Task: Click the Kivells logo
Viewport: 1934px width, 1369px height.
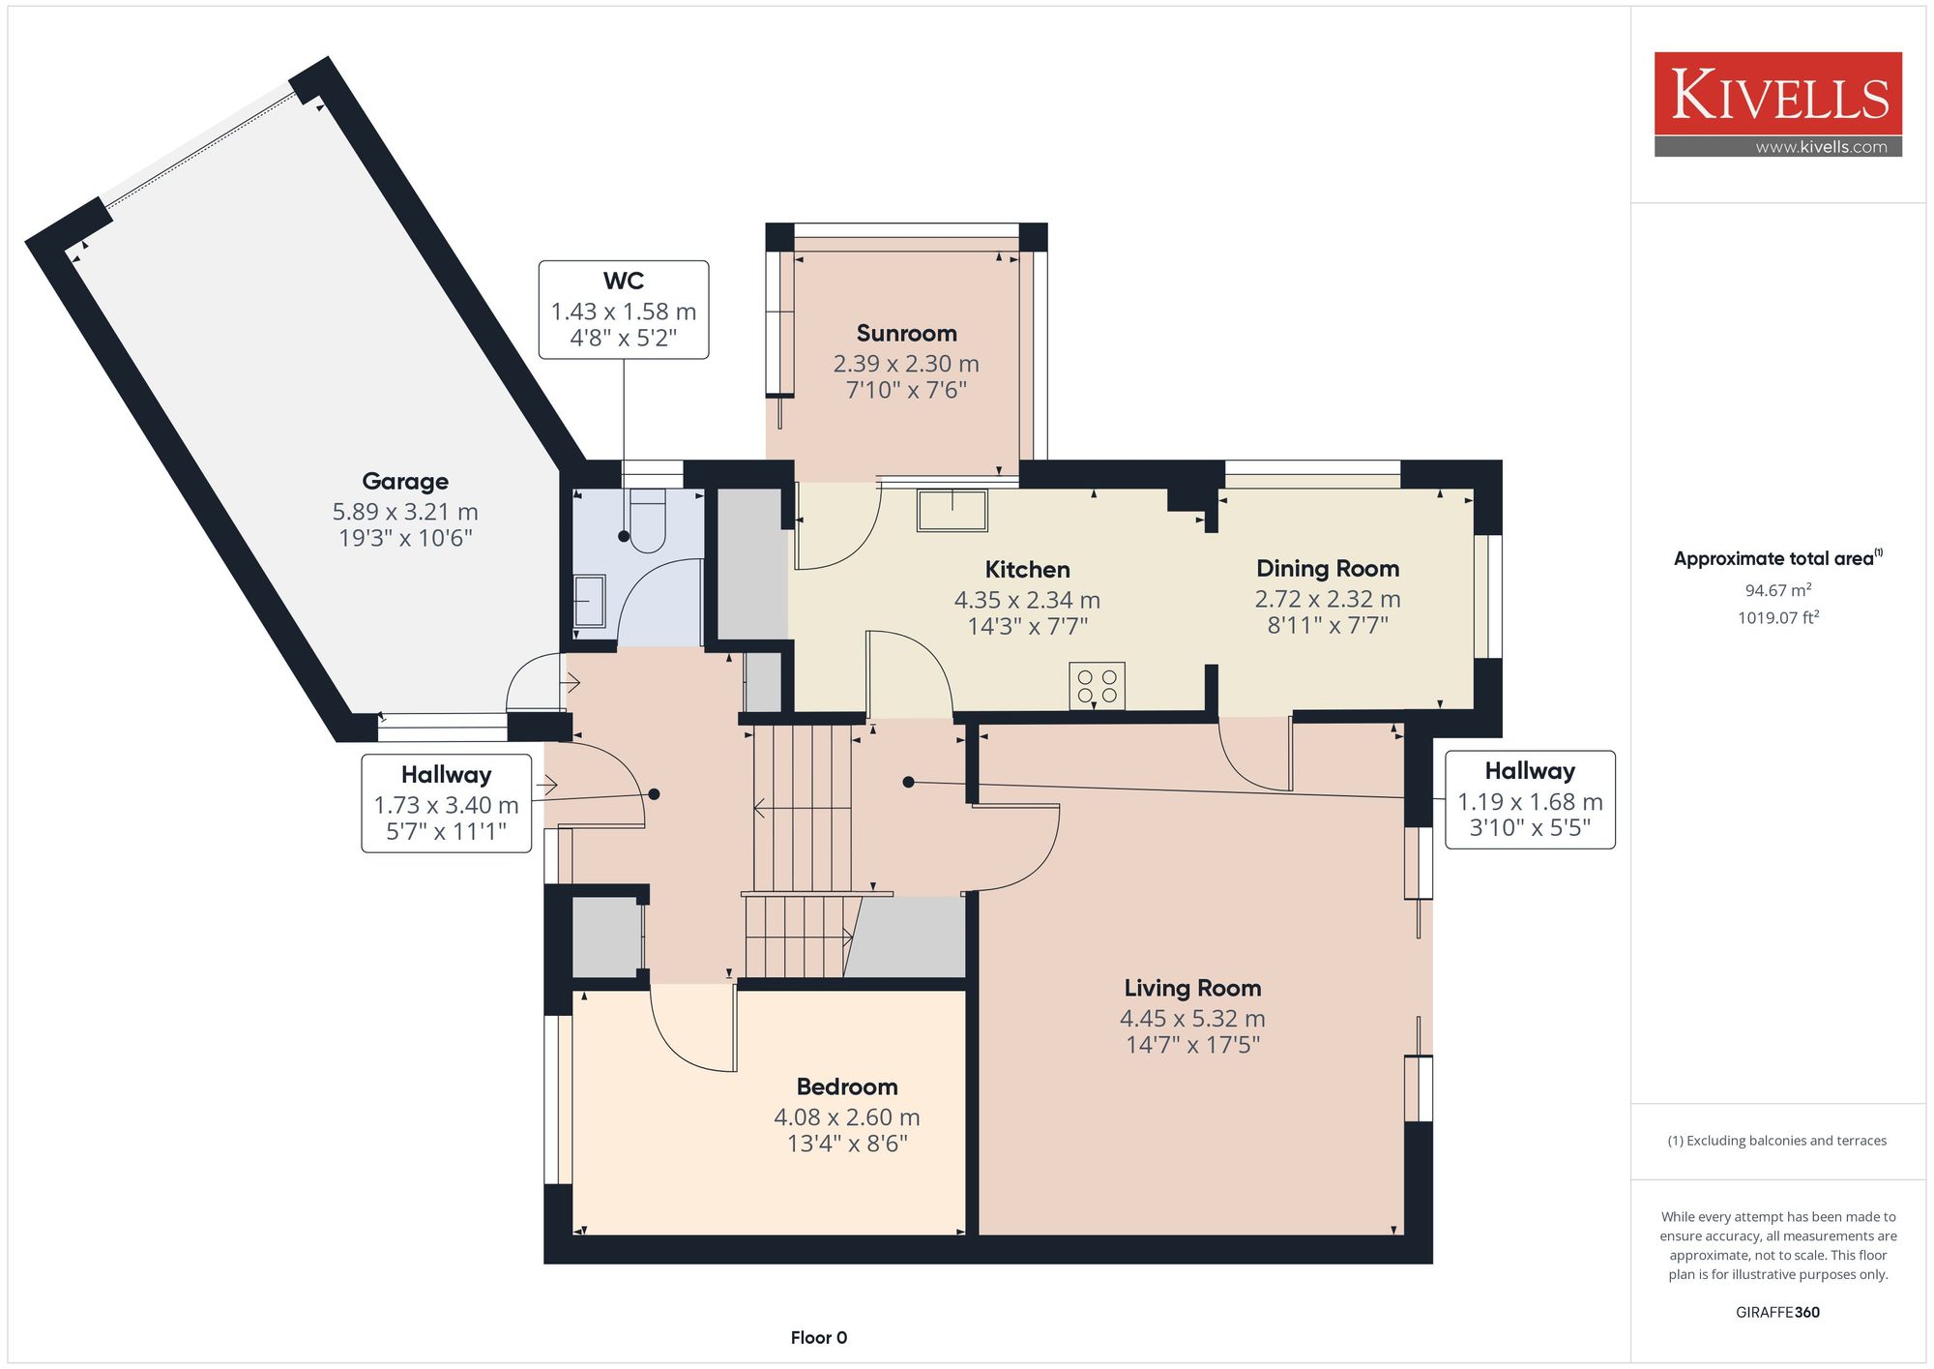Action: point(1777,104)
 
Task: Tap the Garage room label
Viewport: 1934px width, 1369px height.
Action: point(405,481)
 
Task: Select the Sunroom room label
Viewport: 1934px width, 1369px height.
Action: point(906,333)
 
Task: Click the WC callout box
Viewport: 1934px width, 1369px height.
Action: point(624,310)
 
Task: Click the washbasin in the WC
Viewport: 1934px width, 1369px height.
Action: point(589,601)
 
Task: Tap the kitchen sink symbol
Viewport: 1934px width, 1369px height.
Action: point(952,510)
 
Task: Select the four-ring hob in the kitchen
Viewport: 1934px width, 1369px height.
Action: point(1097,685)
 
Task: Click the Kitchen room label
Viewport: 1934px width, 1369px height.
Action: point(1027,569)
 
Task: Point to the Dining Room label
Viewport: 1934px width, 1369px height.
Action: point(1328,568)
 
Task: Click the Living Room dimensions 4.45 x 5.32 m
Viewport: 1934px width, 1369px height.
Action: point(1192,1018)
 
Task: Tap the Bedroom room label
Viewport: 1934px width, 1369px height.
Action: point(847,1086)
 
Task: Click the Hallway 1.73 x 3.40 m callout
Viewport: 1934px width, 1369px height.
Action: point(447,803)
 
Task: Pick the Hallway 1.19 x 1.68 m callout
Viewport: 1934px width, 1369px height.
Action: point(1530,799)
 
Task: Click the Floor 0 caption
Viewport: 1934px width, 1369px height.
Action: point(819,1337)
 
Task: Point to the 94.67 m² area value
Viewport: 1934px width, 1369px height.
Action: point(1777,589)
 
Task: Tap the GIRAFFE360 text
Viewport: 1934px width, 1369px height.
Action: point(1777,1312)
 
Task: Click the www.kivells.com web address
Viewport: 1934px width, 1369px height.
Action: point(1821,147)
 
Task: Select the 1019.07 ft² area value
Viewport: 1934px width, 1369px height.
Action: point(1777,617)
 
